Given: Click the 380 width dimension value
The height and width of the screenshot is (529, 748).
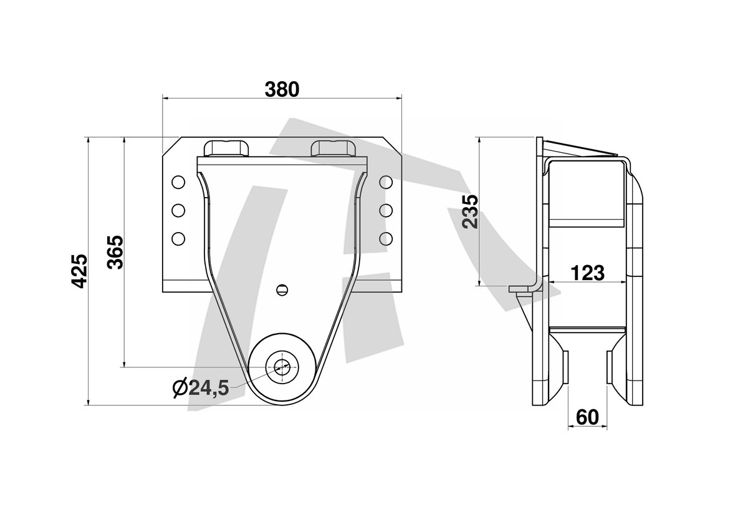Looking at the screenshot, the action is click(282, 90).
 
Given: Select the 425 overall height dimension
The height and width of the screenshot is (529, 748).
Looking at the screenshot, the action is click(80, 271).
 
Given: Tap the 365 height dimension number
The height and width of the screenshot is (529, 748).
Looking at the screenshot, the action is click(115, 252).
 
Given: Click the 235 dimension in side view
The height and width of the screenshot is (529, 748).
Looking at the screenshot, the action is click(470, 212).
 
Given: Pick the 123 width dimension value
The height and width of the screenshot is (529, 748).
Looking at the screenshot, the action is click(588, 273).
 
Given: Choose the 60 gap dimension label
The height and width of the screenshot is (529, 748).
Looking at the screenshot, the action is click(587, 417).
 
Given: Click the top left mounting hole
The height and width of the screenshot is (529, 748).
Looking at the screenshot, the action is click(178, 182).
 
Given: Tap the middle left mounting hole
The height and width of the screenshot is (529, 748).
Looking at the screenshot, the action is click(178, 210).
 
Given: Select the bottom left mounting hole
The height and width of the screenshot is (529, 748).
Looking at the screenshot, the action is click(178, 238).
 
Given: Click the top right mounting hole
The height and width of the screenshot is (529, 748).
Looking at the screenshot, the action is click(386, 182).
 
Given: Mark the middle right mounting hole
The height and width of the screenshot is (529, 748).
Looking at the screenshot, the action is click(386, 210).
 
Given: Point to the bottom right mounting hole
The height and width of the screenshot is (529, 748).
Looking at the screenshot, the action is click(386, 238).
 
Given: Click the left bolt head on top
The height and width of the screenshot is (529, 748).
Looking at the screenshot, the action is click(226, 148).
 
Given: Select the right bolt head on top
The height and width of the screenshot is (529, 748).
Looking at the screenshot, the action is click(333, 148).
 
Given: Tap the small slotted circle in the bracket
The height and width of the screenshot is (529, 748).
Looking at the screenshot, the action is click(282, 289).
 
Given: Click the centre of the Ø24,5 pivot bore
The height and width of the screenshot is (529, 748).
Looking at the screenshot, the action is click(282, 367).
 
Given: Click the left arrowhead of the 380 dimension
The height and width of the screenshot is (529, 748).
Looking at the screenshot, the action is click(165, 98).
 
